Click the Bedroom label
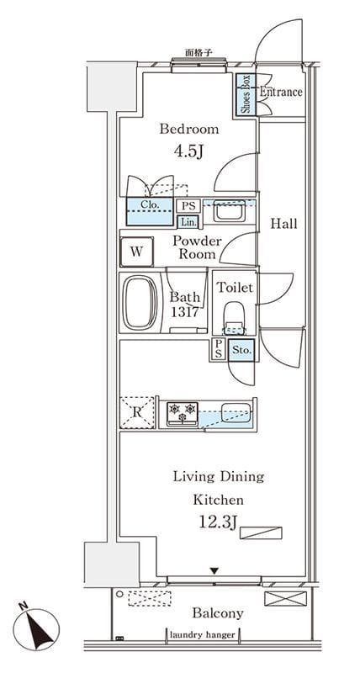pyautogui.click(x=188, y=130)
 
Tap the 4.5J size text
pyautogui.click(x=188, y=151)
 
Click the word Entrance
pyautogui.click(x=281, y=92)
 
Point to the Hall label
pyautogui.click(x=283, y=224)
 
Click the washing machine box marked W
pyautogui.click(x=136, y=252)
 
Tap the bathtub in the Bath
pyautogui.click(x=140, y=303)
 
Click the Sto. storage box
pyautogui.click(x=241, y=350)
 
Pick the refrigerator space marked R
pyautogui.click(x=137, y=412)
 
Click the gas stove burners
pyautogui.click(x=183, y=413)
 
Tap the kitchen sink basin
pyautogui.click(x=236, y=413)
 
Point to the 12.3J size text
pyautogui.click(x=218, y=522)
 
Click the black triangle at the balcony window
pyautogui.click(x=214, y=570)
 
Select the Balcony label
pyautogui.click(x=218, y=613)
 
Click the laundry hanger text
pyautogui.click(x=203, y=635)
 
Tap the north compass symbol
pyautogui.click(x=36, y=629)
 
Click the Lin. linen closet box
pyautogui.click(x=188, y=222)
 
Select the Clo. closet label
pyautogui.click(x=150, y=204)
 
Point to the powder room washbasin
pyautogui.click(x=230, y=211)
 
